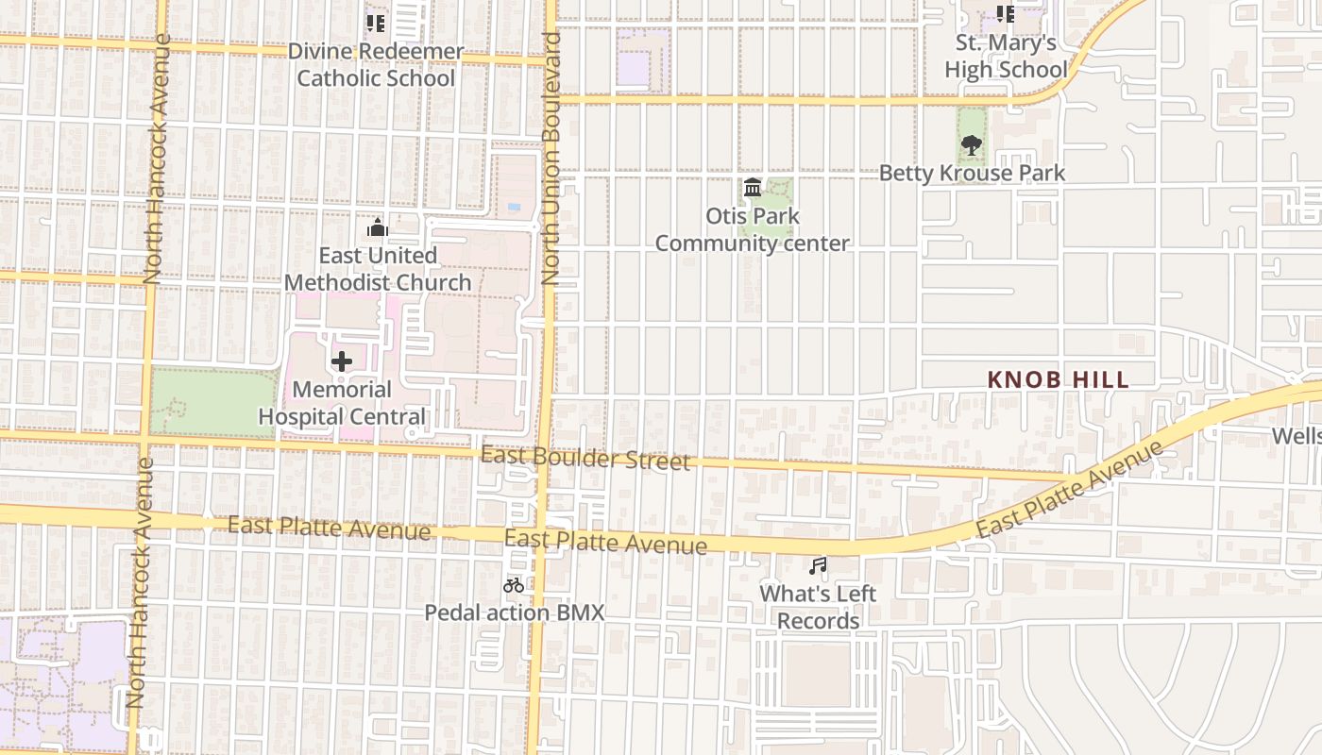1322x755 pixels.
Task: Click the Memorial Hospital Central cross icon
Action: pyautogui.click(x=342, y=361)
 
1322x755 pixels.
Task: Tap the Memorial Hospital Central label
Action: pyautogui.click(x=342, y=403)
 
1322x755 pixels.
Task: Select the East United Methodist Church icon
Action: pyautogui.click(x=378, y=228)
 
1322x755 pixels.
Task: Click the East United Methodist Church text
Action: pyautogui.click(x=378, y=269)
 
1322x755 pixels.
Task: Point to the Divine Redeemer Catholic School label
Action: pyautogui.click(x=376, y=65)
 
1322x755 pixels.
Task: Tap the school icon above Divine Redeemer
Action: pyautogui.click(x=376, y=23)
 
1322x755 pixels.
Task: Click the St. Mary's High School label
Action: pyautogui.click(x=1006, y=56)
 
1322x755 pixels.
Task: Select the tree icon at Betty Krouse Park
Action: pyautogui.click(x=971, y=144)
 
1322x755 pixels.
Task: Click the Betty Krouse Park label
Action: pyautogui.click(x=972, y=173)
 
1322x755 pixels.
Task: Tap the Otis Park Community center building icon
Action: pyautogui.click(x=753, y=188)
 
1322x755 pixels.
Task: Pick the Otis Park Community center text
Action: pyautogui.click(x=753, y=229)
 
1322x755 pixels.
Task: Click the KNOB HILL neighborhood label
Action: pyautogui.click(x=1058, y=379)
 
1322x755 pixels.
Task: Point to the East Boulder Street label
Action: pyautogui.click(x=585, y=459)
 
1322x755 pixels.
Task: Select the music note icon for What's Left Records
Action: pyautogui.click(x=818, y=566)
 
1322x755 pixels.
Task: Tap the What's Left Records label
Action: pyautogui.click(x=818, y=607)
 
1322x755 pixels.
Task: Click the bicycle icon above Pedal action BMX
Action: pyautogui.click(x=514, y=585)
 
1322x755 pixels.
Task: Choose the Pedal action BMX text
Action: pyautogui.click(x=514, y=612)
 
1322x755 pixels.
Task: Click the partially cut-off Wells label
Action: pyautogui.click(x=1296, y=436)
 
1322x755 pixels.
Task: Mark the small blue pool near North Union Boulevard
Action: pyautogui.click(x=513, y=206)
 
